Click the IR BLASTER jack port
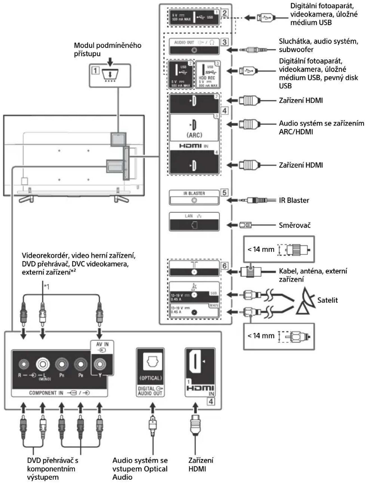coord(194,200)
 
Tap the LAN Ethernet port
coord(194,225)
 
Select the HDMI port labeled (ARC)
coord(194,125)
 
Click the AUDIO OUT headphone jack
coord(194,50)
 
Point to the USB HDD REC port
coord(208,74)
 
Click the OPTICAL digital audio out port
coord(150,362)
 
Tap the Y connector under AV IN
coord(99,364)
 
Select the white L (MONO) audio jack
coord(43,364)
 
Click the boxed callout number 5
coord(224,193)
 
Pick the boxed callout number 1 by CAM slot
coord(95,70)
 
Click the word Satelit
coord(327,300)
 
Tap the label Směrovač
coord(294,225)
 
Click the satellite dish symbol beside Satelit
coord(305,301)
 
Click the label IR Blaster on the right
coord(294,200)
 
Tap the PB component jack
coord(81,364)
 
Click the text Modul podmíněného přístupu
coord(107,49)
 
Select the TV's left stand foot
coord(26,199)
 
